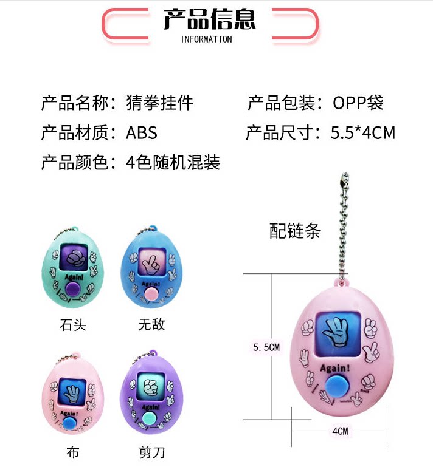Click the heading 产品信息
point(210,19)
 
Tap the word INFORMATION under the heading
point(206,39)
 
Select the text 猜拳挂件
point(160,103)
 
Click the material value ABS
point(142,133)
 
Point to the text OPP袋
point(358,103)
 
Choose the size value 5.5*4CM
point(363,133)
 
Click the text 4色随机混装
point(173,163)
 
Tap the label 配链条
point(295,231)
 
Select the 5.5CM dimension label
point(266,347)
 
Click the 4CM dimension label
point(340,431)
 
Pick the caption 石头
point(73,325)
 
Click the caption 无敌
point(151,324)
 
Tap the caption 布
point(73,452)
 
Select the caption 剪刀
point(152,452)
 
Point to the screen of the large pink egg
point(338,333)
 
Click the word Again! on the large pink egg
point(335,369)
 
